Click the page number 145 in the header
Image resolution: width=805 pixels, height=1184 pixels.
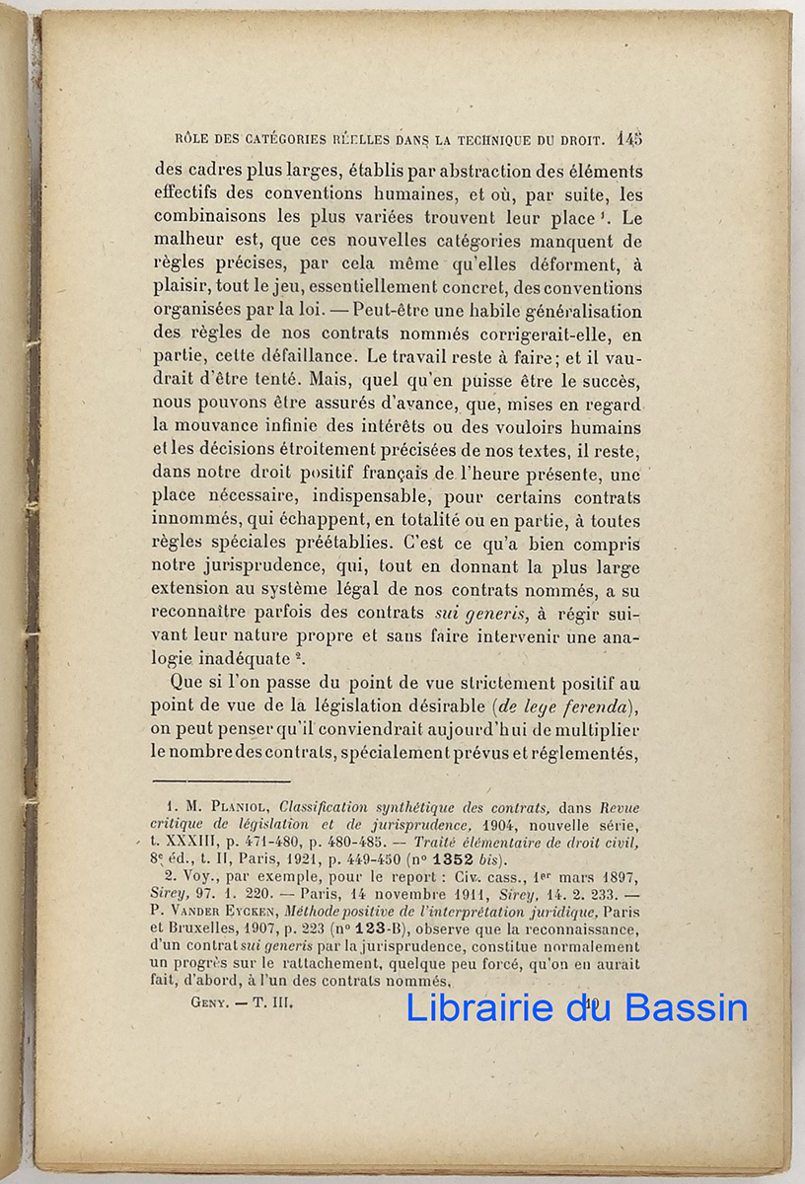click(629, 139)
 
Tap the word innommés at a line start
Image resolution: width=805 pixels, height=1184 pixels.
click(191, 521)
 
